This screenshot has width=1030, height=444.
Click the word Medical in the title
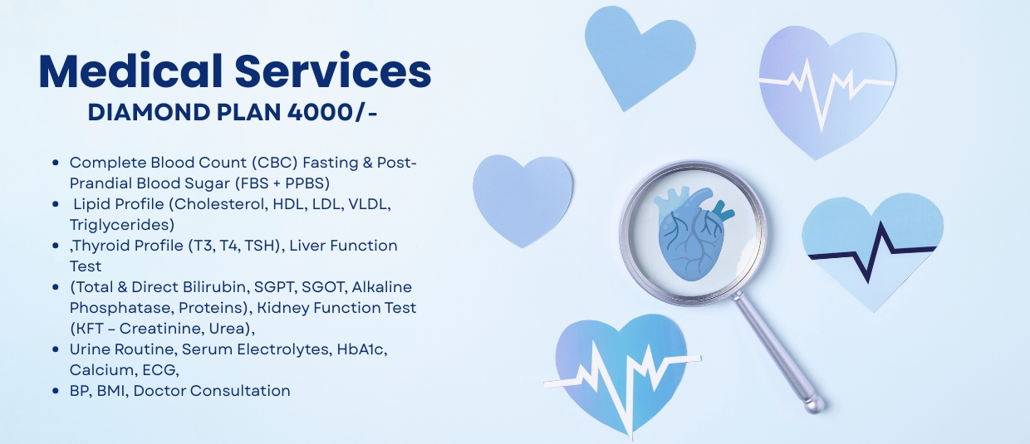click(x=131, y=71)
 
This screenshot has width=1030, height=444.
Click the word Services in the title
click(x=333, y=71)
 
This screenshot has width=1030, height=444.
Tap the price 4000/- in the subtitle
click(x=332, y=112)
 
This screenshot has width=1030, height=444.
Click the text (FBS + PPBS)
click(x=282, y=183)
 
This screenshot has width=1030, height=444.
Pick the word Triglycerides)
click(x=122, y=225)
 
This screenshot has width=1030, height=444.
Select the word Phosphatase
click(x=121, y=308)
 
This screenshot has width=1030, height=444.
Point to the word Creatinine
click(x=161, y=329)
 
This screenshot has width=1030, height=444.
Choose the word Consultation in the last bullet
click(x=240, y=391)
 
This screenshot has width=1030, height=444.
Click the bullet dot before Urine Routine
click(x=56, y=349)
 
